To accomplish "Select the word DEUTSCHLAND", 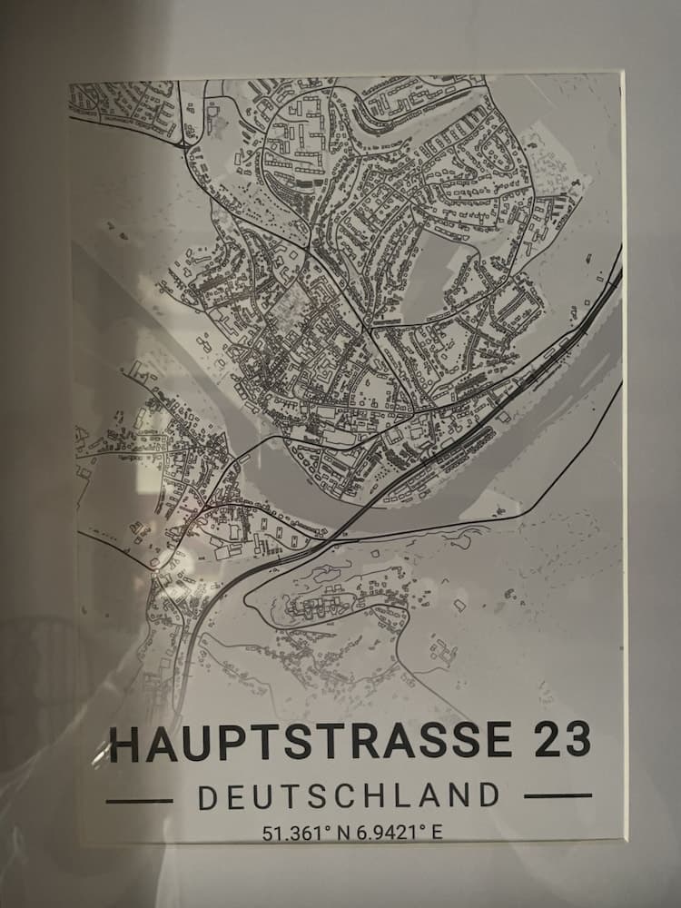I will click(349, 796).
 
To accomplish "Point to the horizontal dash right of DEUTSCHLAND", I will click(558, 796).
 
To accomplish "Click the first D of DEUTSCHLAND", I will click(209, 797).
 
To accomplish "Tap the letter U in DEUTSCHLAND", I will click(265, 797).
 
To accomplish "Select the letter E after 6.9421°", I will click(437, 832).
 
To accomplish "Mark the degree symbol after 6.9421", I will click(422, 827).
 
